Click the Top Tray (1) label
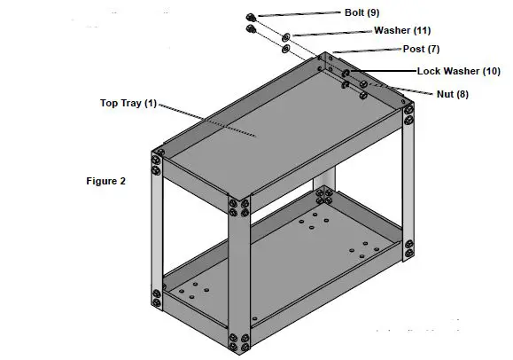(127, 104)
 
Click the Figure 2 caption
(105, 181)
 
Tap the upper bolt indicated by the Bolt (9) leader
(251, 17)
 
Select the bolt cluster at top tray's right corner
(408, 111)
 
